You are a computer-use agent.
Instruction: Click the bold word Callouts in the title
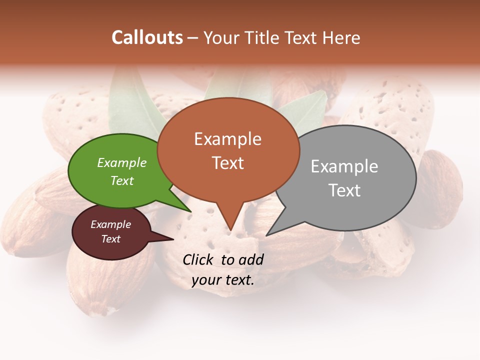coord(147,37)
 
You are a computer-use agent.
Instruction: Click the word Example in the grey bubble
coord(344,166)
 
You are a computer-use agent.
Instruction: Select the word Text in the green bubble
coord(121,180)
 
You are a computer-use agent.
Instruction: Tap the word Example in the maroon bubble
coord(110,224)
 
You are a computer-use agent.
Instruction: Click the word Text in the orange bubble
coord(227,162)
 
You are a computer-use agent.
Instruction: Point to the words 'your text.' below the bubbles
coord(223,280)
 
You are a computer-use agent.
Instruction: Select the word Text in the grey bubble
coord(344,190)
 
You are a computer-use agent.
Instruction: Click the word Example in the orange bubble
coord(227,138)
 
